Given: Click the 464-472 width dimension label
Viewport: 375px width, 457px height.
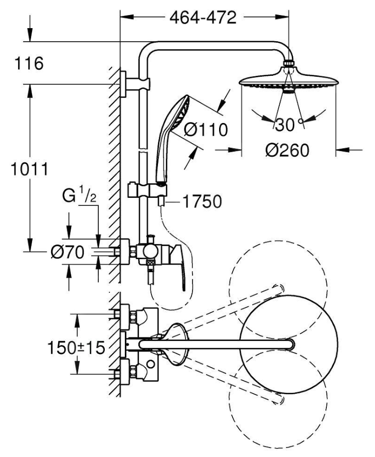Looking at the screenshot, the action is point(203,18).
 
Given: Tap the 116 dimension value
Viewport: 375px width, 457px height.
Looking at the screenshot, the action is point(29,63).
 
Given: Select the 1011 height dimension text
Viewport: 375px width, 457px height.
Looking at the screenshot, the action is point(30,169).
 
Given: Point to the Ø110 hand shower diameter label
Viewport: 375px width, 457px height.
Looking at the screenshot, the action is point(206,130).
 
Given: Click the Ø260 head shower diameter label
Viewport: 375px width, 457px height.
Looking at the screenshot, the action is point(287,151).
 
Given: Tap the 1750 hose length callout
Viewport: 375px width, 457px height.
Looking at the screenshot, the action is point(202,201).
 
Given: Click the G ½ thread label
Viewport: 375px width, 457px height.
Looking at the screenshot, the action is point(79,196).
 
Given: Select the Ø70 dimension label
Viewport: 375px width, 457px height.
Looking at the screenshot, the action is point(68,252).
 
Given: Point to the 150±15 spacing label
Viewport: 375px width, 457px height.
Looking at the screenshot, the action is point(76,348).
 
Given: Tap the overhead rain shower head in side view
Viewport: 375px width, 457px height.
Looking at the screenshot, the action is point(289,79).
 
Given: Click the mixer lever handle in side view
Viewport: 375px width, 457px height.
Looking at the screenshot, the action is point(178,266).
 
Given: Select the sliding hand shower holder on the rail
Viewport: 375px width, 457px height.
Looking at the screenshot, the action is point(146,189).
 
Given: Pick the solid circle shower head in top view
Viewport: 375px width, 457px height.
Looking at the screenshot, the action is point(289,345).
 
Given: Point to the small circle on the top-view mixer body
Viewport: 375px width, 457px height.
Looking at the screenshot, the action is point(151,364).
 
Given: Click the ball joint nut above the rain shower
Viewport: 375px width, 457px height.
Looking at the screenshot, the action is point(289,63).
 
